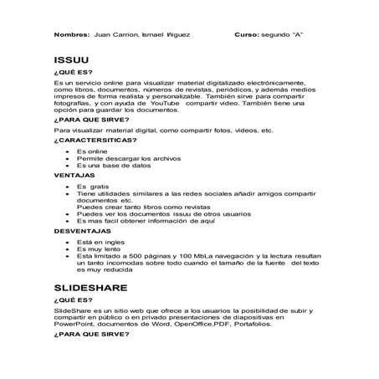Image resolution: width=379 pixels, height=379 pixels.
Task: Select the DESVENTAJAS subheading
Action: pos(82,229)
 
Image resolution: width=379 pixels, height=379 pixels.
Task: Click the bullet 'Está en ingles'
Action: pos(100,239)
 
